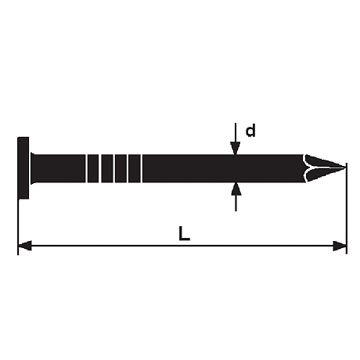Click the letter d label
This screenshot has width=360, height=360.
pyautogui.click(x=250, y=131)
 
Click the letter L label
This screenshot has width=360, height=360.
pyautogui.click(x=184, y=233)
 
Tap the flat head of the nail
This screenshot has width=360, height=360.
pyautogui.click(x=23, y=168)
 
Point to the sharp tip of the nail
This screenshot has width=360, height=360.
pyautogui.click(x=345, y=167)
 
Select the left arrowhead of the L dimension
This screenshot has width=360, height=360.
pyautogui.click(x=25, y=246)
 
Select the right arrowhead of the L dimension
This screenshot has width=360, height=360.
pyautogui.click(x=340, y=246)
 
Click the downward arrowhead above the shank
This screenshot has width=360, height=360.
pyautogui.click(x=236, y=148)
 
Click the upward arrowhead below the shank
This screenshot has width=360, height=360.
pyautogui.click(x=236, y=189)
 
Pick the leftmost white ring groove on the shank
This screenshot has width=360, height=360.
pyautogui.click(x=86, y=168)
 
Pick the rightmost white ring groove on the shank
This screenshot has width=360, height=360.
pyautogui.click(x=142, y=168)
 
